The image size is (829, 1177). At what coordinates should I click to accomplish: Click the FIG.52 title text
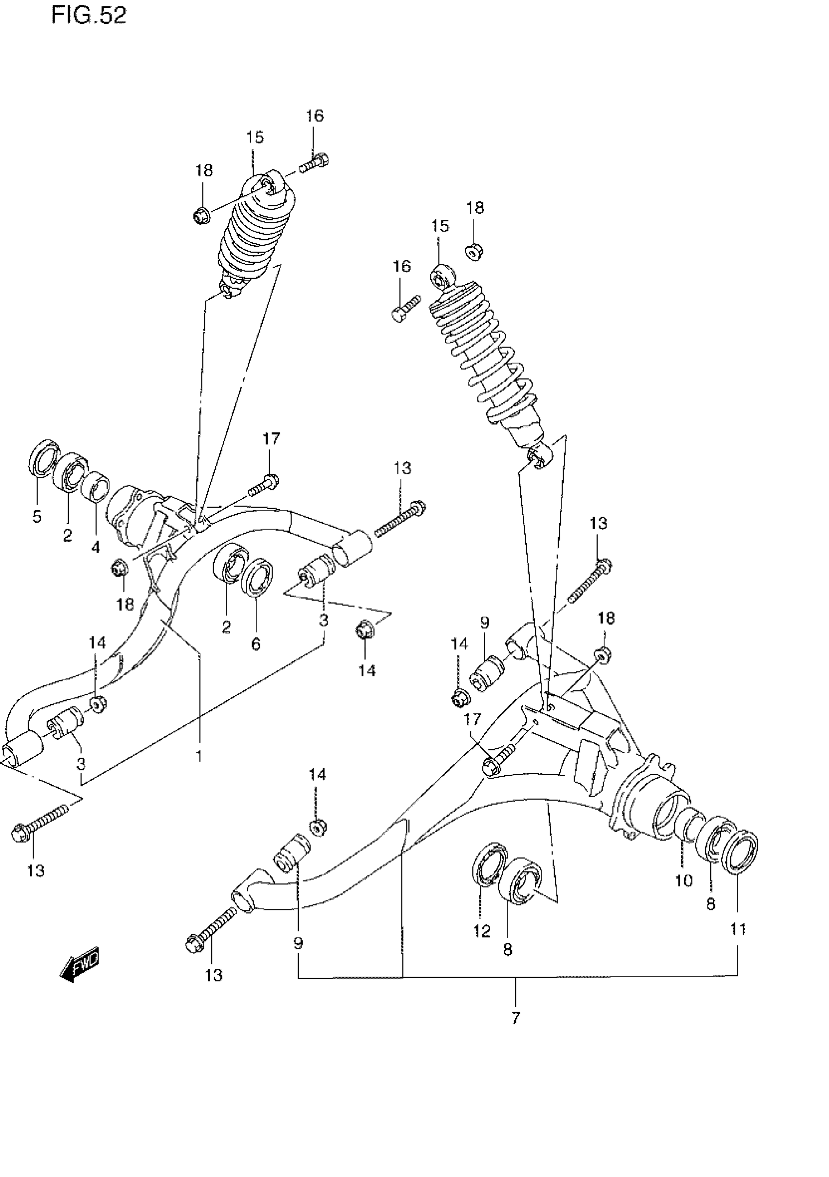pos(88,16)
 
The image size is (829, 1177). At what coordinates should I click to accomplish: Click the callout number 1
pos(198,756)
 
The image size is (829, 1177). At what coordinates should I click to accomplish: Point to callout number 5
pos(37,516)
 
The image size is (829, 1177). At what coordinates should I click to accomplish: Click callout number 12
pos(482,930)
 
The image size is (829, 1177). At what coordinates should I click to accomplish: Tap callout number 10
pos(684,881)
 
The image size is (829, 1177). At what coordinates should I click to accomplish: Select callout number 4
pos(96,547)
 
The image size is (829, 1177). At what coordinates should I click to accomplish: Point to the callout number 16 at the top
pos(315,116)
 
